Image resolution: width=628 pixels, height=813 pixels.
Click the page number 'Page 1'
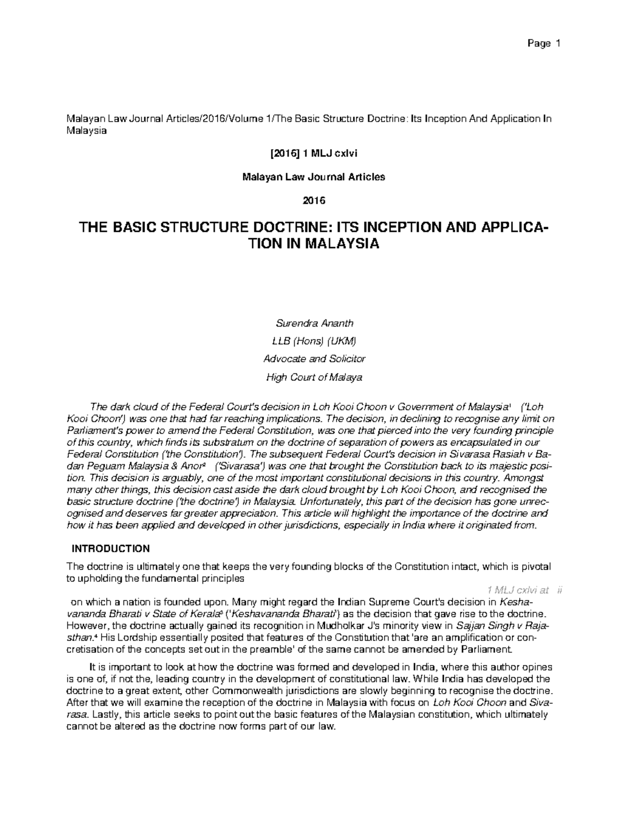coord(544,43)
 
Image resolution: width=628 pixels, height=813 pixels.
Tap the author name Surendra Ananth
coord(314,323)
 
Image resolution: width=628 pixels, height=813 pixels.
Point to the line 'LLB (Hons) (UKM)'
coord(313,341)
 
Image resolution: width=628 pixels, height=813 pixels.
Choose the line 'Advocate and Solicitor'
coord(314,359)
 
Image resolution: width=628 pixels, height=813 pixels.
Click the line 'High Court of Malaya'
coord(314,377)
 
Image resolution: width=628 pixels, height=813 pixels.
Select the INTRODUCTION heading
coord(110,549)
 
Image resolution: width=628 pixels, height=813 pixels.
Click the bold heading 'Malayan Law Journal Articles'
coord(313,177)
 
